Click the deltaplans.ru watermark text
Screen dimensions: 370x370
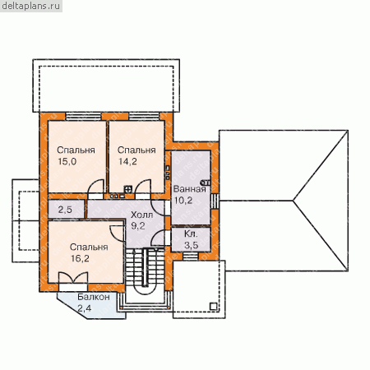point(31,6)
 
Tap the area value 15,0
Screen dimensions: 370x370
point(67,162)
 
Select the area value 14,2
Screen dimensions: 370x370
point(127,162)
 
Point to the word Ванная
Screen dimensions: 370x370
point(189,189)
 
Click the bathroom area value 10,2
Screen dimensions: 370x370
point(183,201)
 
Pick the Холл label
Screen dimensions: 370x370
point(141,215)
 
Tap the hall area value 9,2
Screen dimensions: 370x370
point(138,226)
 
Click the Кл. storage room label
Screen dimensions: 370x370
point(191,234)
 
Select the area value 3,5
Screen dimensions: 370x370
point(191,245)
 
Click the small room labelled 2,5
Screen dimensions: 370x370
point(66,210)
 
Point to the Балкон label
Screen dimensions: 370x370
point(94,297)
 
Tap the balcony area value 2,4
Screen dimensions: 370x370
point(84,308)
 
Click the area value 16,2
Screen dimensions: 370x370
point(80,258)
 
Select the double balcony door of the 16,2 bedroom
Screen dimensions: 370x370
point(73,278)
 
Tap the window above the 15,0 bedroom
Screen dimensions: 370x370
point(83,116)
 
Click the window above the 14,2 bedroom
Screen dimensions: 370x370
point(144,116)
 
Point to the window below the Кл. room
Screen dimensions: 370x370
point(191,257)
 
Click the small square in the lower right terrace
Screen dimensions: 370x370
point(214,306)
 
